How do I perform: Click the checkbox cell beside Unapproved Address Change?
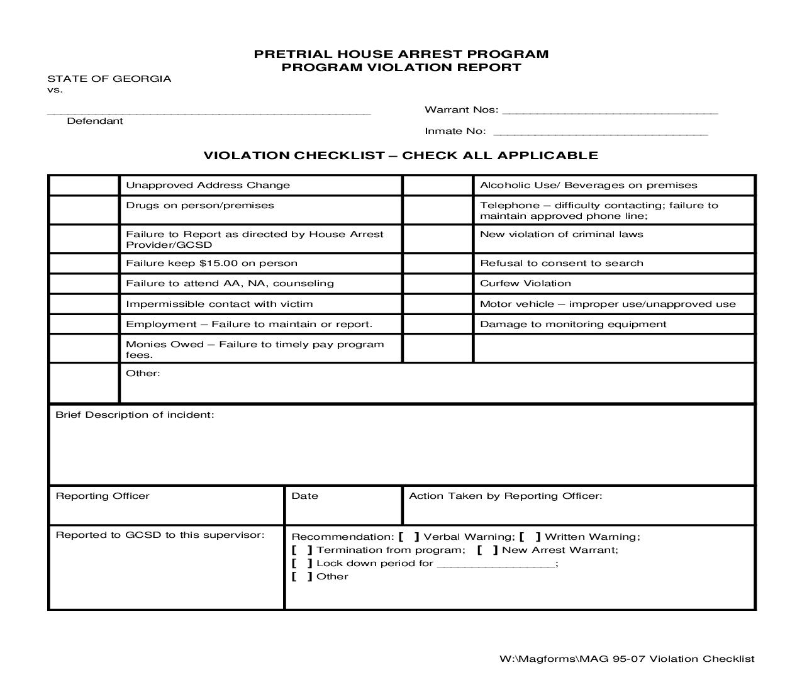click(x=84, y=186)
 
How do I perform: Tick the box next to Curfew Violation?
click(x=438, y=284)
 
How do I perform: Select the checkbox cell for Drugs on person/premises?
click(x=84, y=210)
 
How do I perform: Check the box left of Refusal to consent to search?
click(x=438, y=264)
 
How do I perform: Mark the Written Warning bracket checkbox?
click(x=530, y=537)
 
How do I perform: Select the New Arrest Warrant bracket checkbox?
click(x=487, y=550)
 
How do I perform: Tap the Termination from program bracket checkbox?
click(x=302, y=550)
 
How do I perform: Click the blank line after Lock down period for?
click(x=496, y=564)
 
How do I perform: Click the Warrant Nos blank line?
click(x=610, y=111)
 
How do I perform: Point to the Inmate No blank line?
click(x=601, y=133)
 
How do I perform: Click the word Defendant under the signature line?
click(x=95, y=121)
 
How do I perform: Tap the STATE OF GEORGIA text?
click(x=109, y=79)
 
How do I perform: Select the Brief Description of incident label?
click(x=135, y=415)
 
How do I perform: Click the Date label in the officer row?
click(x=304, y=496)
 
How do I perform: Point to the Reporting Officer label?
click(x=103, y=496)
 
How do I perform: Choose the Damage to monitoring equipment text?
click(x=573, y=324)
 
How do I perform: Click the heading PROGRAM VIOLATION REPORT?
click(x=401, y=67)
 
